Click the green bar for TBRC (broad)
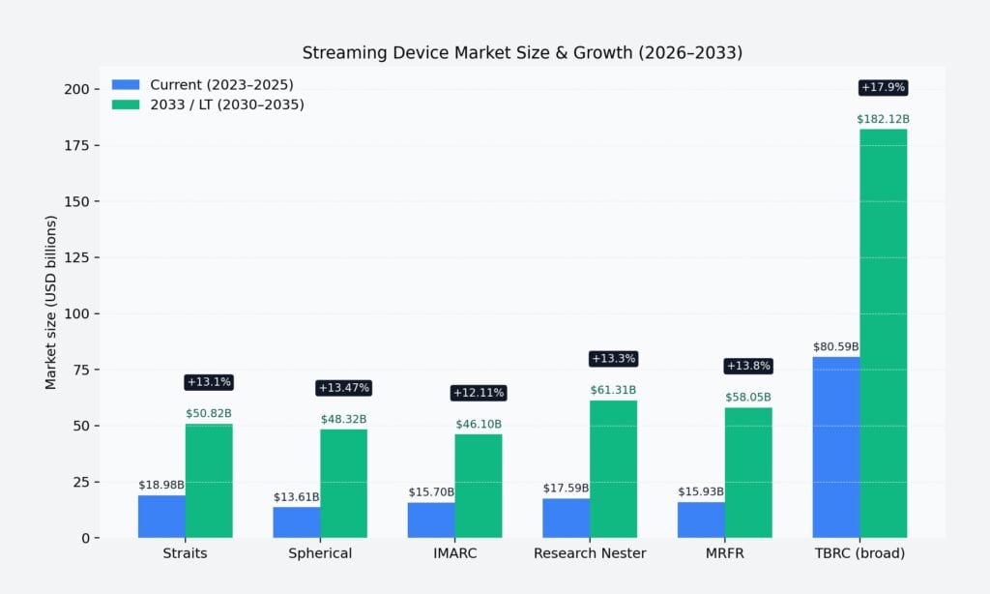(883, 333)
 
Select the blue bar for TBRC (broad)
(835, 447)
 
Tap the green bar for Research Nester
(613, 468)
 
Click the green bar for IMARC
(479, 486)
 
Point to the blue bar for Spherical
(297, 521)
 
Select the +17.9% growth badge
(883, 88)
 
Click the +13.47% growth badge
(343, 388)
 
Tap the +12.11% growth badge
(479, 393)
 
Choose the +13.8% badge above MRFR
(748, 366)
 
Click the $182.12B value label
(883, 119)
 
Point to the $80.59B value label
(835, 346)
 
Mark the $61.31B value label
(613, 390)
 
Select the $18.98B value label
(161, 485)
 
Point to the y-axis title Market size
(51, 302)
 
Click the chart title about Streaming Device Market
(522, 53)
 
